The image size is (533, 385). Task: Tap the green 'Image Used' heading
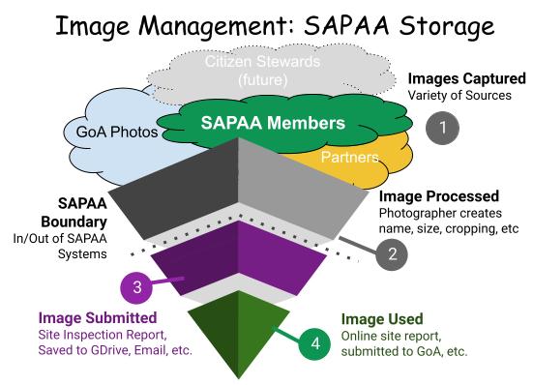382,317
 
